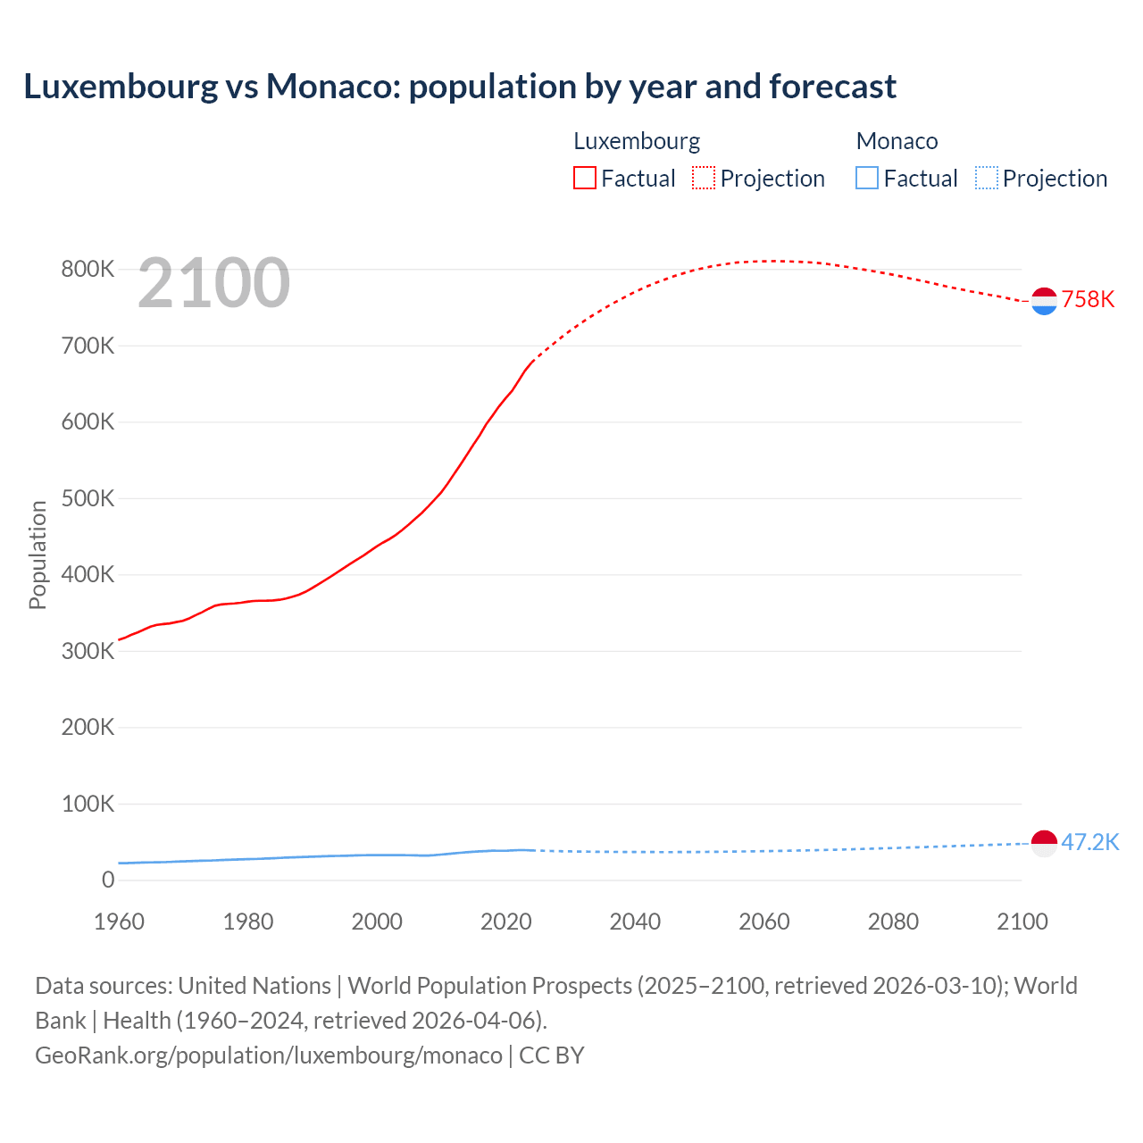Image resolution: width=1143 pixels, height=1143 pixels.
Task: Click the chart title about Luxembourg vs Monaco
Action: (x=460, y=87)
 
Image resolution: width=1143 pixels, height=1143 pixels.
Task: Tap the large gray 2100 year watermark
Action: (x=213, y=283)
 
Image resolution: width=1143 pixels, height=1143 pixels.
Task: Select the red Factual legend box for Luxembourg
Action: (x=585, y=179)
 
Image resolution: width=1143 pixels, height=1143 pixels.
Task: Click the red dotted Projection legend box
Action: (x=704, y=179)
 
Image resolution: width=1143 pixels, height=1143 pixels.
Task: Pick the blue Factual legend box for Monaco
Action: (x=867, y=179)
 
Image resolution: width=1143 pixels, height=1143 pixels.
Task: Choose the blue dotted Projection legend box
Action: (x=986, y=179)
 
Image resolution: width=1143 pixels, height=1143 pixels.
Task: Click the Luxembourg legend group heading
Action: (x=637, y=141)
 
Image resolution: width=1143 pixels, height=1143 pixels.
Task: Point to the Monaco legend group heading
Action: (x=897, y=141)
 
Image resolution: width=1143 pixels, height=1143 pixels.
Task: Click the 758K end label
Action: (x=1088, y=299)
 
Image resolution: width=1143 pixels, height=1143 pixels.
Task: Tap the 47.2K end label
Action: (x=1089, y=842)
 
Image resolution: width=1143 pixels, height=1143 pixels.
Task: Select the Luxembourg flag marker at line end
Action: (x=1044, y=301)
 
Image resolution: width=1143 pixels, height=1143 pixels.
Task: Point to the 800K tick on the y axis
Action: (x=88, y=269)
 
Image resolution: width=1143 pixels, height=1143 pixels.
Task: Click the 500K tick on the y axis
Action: (x=88, y=498)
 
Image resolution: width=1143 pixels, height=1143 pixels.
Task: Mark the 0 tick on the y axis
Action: (x=108, y=880)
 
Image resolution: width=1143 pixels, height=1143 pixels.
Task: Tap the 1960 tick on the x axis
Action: (x=119, y=922)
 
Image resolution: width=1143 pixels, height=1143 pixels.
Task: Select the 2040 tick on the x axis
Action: (x=635, y=922)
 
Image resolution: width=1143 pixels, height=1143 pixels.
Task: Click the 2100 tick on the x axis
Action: (x=1022, y=922)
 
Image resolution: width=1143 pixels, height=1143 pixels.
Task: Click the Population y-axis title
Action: (x=38, y=555)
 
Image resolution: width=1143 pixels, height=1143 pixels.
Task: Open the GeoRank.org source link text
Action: (x=268, y=1055)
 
